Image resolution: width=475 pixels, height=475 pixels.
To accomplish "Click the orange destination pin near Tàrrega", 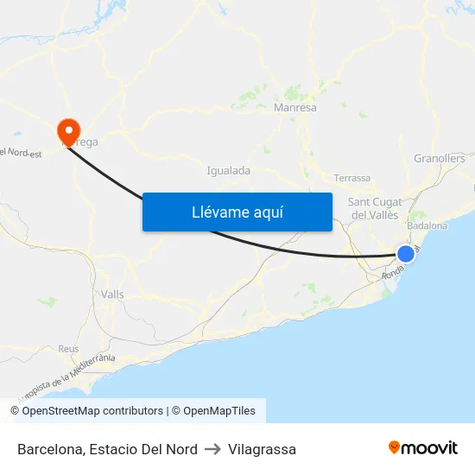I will (x=67, y=131).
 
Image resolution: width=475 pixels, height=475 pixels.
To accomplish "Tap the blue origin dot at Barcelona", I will (x=405, y=253).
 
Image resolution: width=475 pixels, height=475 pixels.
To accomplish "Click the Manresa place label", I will (x=294, y=108).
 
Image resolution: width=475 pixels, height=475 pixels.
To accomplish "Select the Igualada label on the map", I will (x=229, y=170).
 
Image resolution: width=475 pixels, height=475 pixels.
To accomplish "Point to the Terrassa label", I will (x=351, y=178).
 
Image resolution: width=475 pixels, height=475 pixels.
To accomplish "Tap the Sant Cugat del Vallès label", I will (x=373, y=208).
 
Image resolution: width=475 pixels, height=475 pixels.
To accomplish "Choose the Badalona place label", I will (x=427, y=225).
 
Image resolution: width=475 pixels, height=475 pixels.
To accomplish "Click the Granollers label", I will (x=439, y=158).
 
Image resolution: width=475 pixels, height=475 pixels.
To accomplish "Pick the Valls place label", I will (x=112, y=294).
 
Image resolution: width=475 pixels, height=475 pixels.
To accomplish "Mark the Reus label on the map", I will (x=68, y=349).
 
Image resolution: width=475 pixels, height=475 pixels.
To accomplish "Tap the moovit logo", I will (x=423, y=447).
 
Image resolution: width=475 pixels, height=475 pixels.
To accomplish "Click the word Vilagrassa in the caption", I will (x=263, y=449).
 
